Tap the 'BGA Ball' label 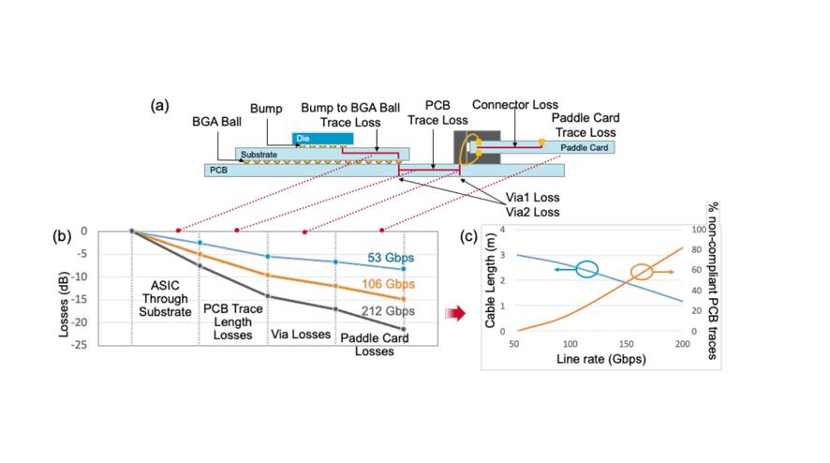pos(216,123)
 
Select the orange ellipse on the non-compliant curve pos(642,273)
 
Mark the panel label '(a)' pos(160,105)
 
